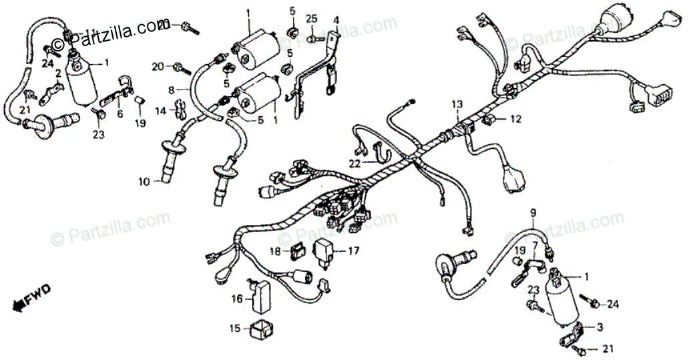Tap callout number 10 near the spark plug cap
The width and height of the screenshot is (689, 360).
pos(145,180)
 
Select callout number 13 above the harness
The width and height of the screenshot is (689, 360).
pos(456,105)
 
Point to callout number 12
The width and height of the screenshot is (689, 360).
pos(515,120)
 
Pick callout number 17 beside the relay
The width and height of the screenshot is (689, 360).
pos(353,252)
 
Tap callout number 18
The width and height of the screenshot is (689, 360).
pos(276,251)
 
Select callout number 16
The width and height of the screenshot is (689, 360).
pos(236,299)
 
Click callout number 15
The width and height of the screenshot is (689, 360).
pos(234,328)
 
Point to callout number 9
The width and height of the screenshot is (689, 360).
pos(533,213)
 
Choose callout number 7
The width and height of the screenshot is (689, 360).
pos(533,246)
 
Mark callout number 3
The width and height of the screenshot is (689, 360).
pos(600,327)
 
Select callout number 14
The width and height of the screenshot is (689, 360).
pos(161,110)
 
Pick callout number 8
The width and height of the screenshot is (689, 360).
pos(171,89)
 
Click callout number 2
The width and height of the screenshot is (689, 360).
pos(58,73)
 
